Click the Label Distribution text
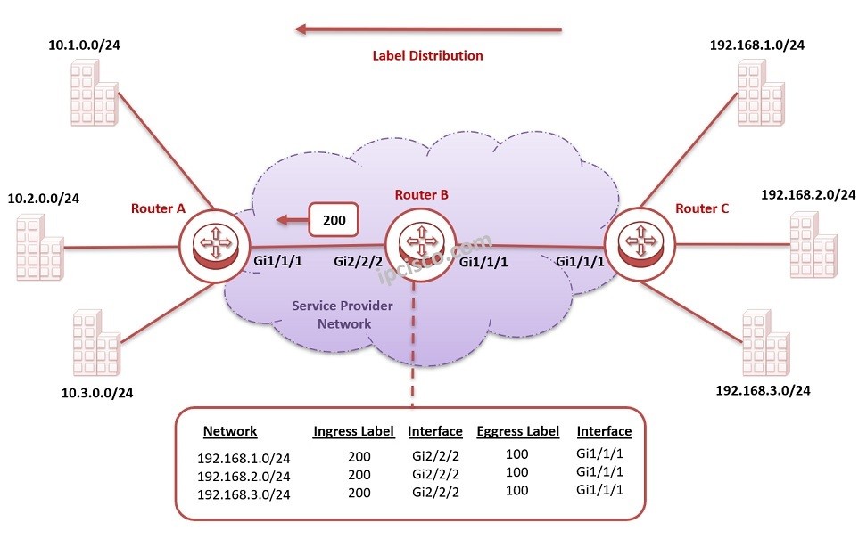(x=427, y=55)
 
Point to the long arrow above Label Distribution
(x=428, y=29)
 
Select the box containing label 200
(x=334, y=218)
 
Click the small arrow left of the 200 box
(x=288, y=218)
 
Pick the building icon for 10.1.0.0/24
(x=93, y=94)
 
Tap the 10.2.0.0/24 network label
(x=43, y=198)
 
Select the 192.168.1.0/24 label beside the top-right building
(x=757, y=45)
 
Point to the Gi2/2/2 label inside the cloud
(x=358, y=262)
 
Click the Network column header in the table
(x=230, y=431)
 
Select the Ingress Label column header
(x=353, y=431)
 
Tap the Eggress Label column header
(x=517, y=431)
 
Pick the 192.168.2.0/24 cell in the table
(x=244, y=476)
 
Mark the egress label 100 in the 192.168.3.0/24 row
(x=516, y=490)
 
